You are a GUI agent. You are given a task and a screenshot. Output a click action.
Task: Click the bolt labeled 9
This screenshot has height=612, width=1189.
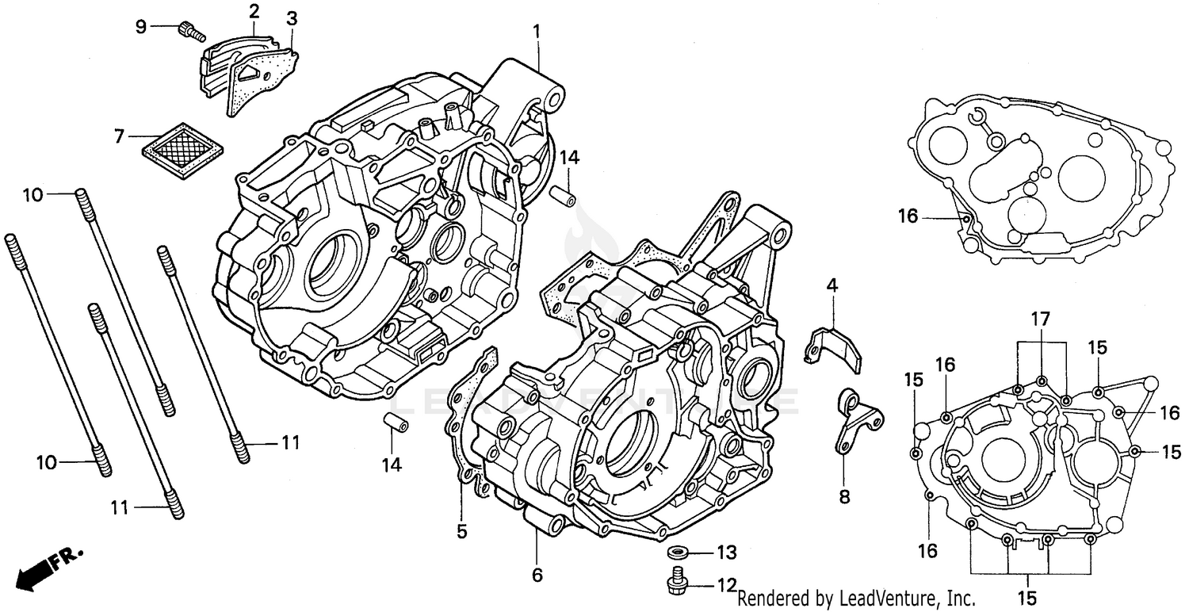[x=190, y=30]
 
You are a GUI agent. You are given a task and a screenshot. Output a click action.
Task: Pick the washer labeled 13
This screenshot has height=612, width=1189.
[x=678, y=552]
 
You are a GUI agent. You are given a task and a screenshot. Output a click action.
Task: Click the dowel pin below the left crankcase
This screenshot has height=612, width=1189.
[x=396, y=423]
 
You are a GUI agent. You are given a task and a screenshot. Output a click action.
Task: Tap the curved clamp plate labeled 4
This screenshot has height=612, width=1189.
[x=835, y=346]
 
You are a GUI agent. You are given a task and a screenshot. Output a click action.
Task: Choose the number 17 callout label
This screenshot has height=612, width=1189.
[x=1040, y=319]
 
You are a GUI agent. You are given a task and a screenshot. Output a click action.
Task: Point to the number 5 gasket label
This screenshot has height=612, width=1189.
[x=461, y=531]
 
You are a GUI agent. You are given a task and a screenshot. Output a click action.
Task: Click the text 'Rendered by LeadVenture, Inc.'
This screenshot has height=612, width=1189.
[x=856, y=599]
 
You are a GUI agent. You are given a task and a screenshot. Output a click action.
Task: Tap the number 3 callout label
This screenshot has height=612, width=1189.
[x=292, y=17]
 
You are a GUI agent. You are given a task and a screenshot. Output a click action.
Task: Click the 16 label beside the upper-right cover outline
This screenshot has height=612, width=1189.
[x=908, y=216]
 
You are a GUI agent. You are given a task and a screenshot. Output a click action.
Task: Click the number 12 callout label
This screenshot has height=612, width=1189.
[x=726, y=587]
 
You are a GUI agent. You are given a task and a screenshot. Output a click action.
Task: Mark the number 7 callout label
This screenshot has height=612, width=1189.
[x=119, y=136]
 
